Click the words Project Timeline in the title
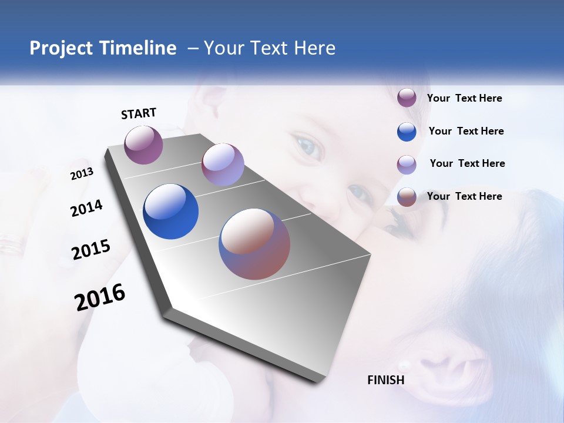(x=103, y=48)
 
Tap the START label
(x=139, y=113)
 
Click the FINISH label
(x=385, y=380)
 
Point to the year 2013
(x=82, y=174)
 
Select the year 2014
(x=86, y=208)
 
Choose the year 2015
(x=90, y=250)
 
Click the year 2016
(x=100, y=297)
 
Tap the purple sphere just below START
(x=143, y=145)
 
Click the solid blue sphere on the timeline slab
(x=170, y=211)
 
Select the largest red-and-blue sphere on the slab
(x=254, y=244)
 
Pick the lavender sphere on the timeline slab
(x=223, y=164)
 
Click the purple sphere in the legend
(x=407, y=98)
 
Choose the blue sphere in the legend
(x=407, y=132)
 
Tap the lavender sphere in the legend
(x=407, y=164)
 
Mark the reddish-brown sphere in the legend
(x=407, y=197)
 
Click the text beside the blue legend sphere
(x=466, y=131)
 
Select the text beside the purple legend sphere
(x=464, y=98)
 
